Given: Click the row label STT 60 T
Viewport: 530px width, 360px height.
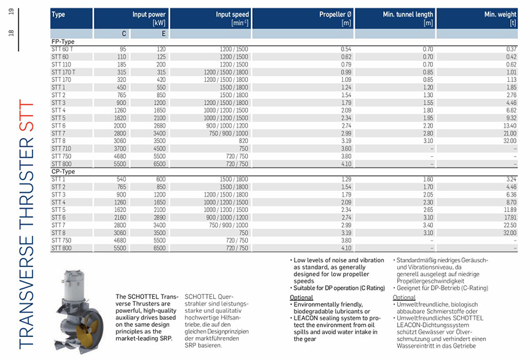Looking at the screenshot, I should pyautogui.click(x=63, y=49).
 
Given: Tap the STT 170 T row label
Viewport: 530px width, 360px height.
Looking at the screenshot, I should pyautogui.click(x=63, y=72).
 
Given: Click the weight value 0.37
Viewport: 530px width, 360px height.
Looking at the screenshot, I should pyautogui.click(x=510, y=49).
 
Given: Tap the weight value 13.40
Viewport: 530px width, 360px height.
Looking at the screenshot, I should pyautogui.click(x=509, y=125).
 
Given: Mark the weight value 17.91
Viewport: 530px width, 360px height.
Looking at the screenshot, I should pyautogui.click(x=509, y=217).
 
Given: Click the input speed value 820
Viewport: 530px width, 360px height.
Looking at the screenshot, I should pyautogui.click(x=244, y=140).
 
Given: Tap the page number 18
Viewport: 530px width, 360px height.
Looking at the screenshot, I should pyautogui.click(x=11, y=32).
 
